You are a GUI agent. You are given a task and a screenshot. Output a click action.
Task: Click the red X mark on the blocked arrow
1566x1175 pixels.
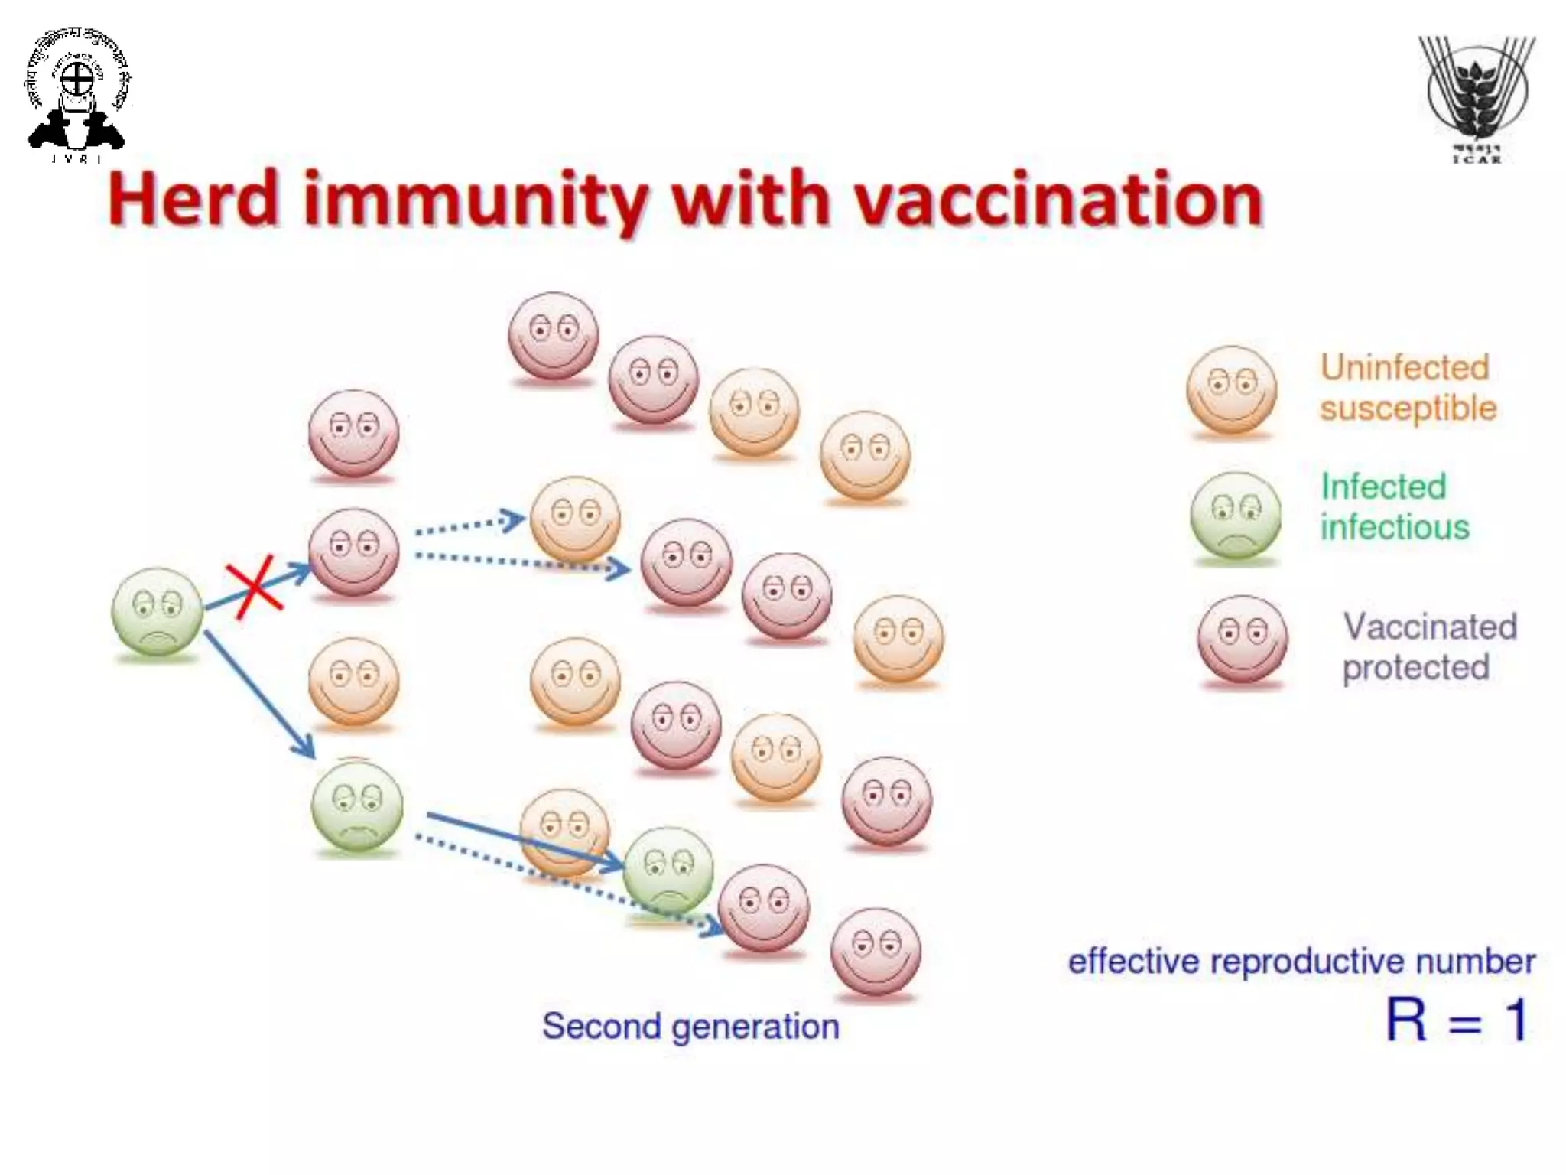click(254, 588)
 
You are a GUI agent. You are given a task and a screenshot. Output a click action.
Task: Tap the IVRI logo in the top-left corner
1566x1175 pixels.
click(76, 96)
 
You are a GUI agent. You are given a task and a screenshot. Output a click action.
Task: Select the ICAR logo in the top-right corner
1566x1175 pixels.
click(1477, 99)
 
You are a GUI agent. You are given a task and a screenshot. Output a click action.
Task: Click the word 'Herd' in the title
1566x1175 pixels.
click(193, 200)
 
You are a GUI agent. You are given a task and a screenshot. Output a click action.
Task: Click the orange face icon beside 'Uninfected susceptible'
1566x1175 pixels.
click(1231, 390)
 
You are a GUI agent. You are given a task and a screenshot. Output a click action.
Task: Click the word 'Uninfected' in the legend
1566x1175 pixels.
click(1405, 368)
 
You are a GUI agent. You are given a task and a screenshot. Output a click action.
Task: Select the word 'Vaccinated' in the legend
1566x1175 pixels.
click(1430, 627)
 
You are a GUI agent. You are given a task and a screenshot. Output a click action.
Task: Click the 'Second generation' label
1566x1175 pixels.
click(690, 1026)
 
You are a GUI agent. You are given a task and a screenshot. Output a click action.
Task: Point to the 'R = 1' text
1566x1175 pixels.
click(1457, 1020)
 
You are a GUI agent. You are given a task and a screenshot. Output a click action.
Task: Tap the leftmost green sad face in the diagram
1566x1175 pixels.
click(157, 611)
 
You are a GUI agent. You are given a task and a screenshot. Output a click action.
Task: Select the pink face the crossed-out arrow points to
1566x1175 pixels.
click(353, 552)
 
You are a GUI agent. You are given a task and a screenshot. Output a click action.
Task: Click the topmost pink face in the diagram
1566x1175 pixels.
click(554, 335)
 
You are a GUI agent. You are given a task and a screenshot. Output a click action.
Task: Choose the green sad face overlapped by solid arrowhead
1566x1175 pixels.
click(668, 871)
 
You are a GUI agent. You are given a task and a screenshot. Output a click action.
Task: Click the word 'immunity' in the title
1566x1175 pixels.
click(475, 200)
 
